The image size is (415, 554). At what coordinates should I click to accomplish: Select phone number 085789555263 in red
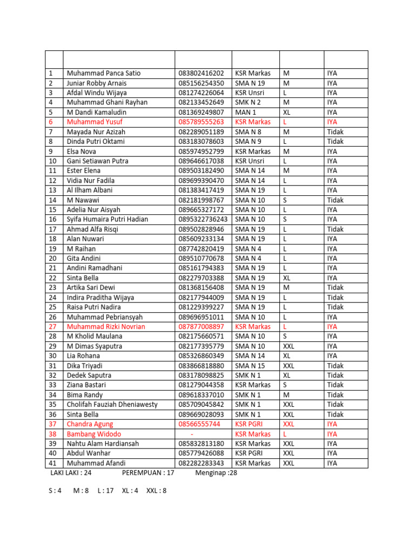[x=201, y=122]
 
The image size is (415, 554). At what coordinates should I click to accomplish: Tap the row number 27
[x=52, y=327]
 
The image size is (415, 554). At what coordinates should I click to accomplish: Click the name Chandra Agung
[x=90, y=424]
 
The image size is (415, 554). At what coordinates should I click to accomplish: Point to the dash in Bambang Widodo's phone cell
[x=192, y=434]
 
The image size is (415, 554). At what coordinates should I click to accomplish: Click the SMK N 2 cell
[x=248, y=102]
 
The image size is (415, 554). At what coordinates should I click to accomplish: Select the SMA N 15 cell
[x=250, y=366]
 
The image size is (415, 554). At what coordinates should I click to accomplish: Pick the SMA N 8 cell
[x=248, y=131]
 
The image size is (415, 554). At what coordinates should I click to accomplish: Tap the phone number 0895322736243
[x=203, y=219]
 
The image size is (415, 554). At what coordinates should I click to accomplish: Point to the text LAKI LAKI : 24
[x=71, y=472]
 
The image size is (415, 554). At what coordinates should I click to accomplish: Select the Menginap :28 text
[x=216, y=472]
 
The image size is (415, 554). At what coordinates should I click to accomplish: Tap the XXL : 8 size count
[x=157, y=492]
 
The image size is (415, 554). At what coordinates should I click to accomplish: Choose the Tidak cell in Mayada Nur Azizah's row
[x=335, y=131]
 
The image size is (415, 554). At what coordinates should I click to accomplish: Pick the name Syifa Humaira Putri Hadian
[x=115, y=219]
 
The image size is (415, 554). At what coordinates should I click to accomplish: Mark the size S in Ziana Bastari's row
[x=285, y=385]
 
